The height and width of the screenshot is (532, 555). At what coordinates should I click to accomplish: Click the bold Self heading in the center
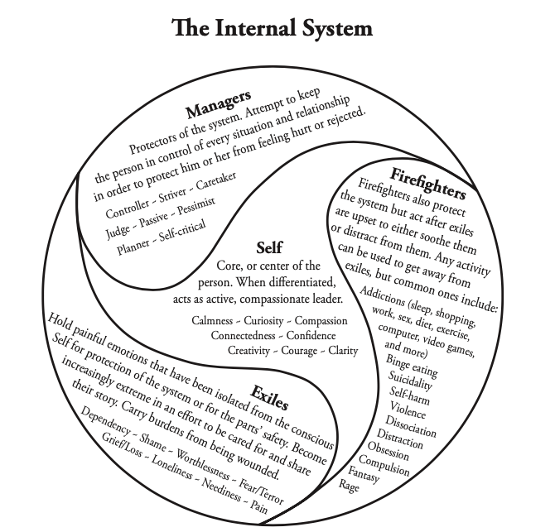(268, 247)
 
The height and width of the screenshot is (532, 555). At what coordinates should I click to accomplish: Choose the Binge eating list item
(412, 365)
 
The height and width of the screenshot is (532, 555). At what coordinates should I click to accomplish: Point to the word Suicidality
(408, 381)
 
